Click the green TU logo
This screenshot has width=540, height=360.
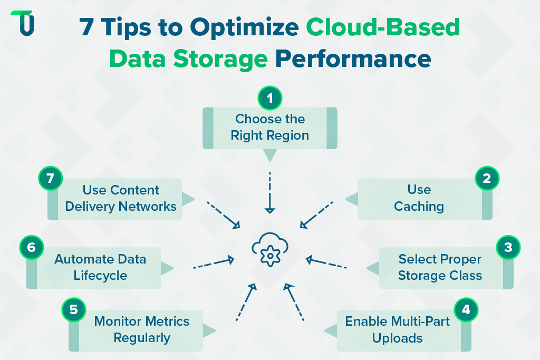pyautogui.click(x=23, y=23)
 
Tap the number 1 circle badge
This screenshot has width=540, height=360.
pyautogui.click(x=270, y=98)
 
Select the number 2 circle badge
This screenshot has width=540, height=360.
pyautogui.click(x=487, y=179)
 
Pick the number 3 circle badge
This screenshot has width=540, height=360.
pyautogui.click(x=508, y=248)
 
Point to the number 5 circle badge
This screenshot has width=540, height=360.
pyautogui.click(x=74, y=310)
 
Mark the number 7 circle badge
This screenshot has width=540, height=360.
pyautogui.click(x=51, y=179)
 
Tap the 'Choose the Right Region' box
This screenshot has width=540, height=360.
pyautogui.click(x=270, y=128)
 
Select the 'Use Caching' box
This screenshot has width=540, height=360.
pyautogui.click(x=420, y=198)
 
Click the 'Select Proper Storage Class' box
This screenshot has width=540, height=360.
pyautogui.click(x=440, y=267)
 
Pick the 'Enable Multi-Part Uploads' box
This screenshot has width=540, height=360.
pyautogui.click(x=398, y=329)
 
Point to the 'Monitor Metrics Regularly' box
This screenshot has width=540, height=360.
pyautogui.click(x=141, y=329)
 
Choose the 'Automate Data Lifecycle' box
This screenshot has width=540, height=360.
pyautogui.click(x=100, y=267)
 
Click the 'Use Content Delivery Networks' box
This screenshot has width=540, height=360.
pyautogui.click(x=120, y=198)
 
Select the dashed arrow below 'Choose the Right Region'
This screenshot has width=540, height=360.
pyautogui.click(x=270, y=192)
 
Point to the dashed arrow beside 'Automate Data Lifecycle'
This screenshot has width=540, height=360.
pyautogui.click(x=214, y=263)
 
